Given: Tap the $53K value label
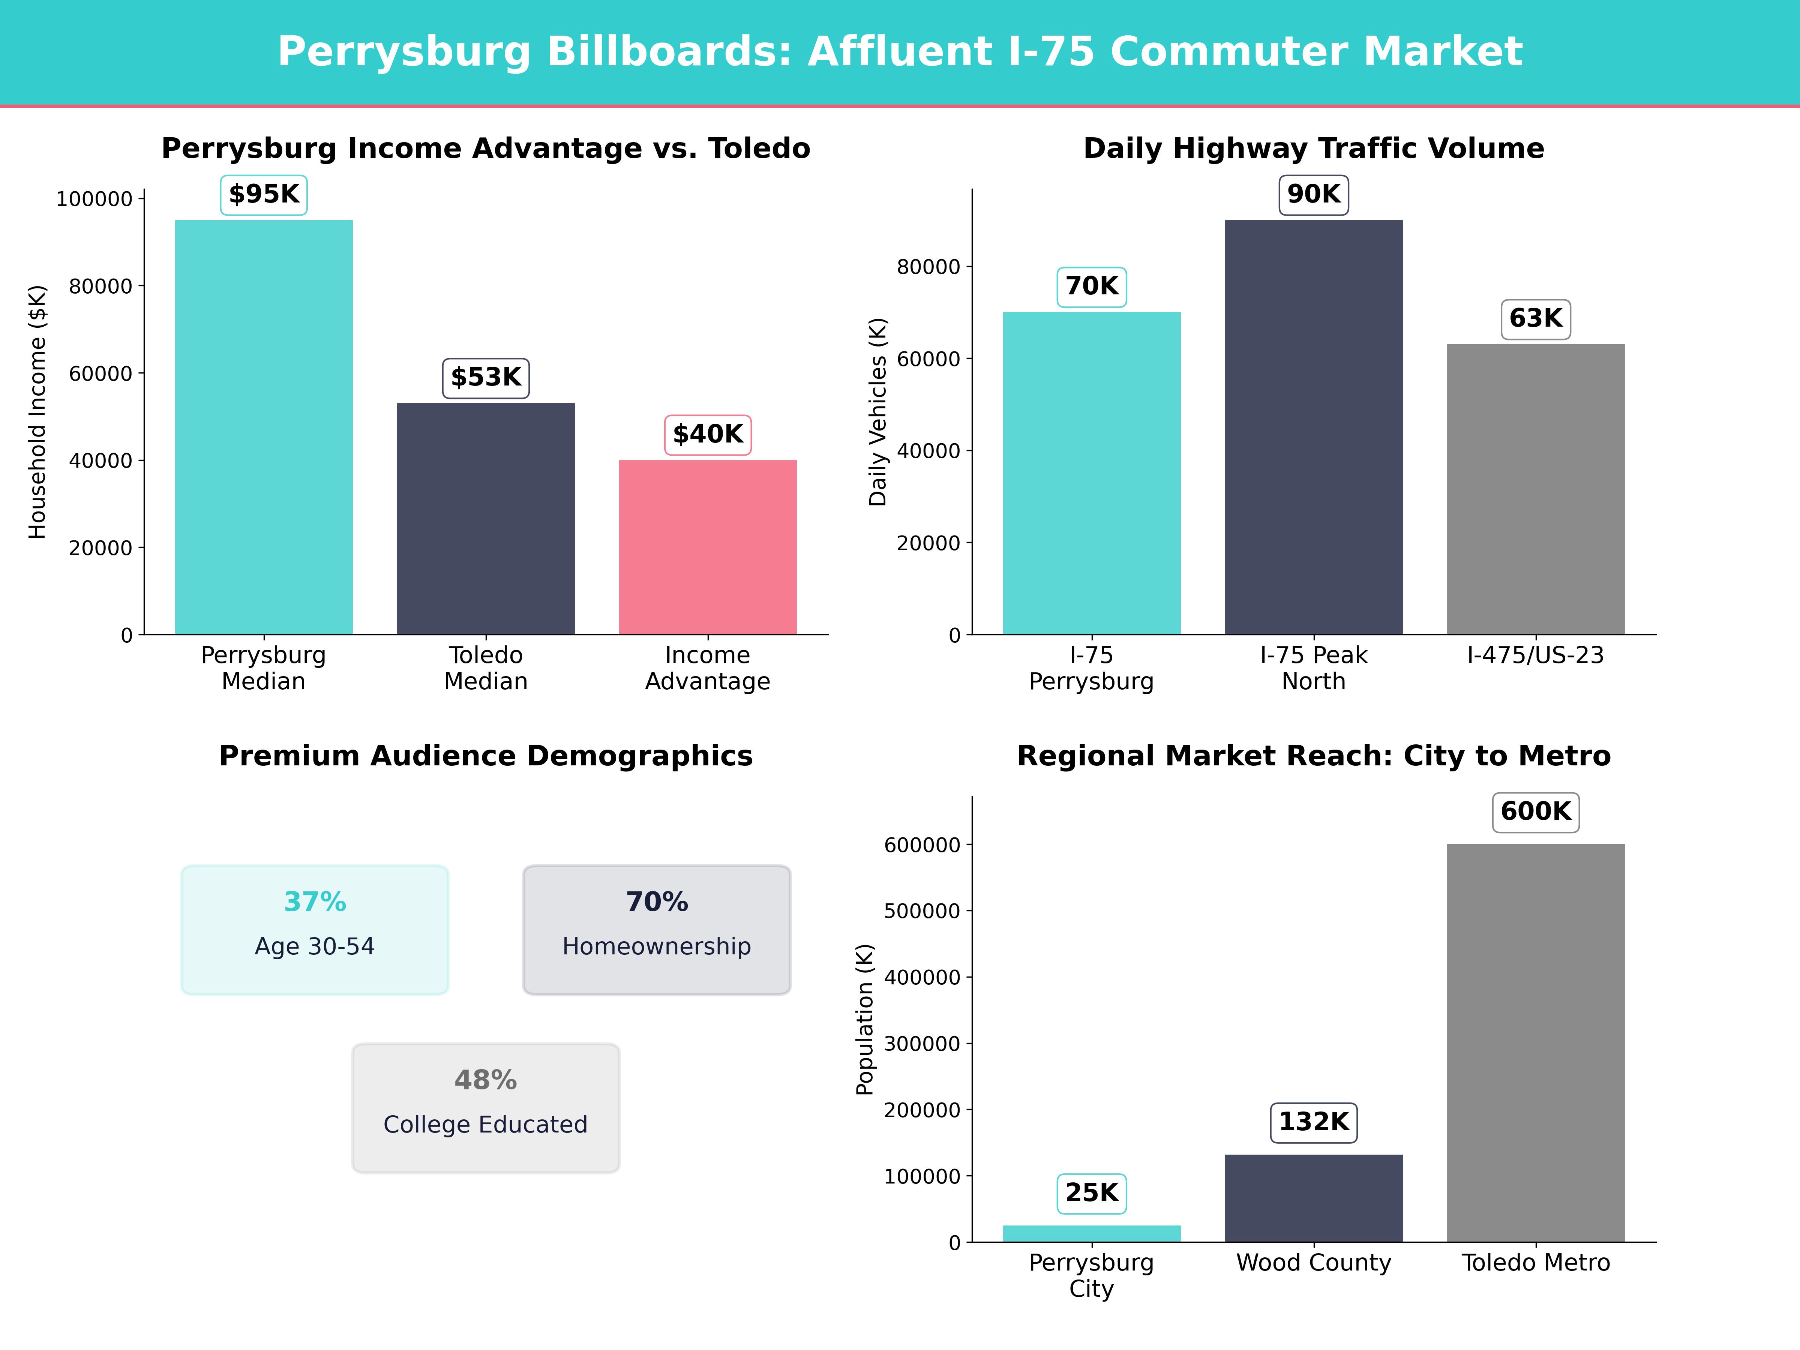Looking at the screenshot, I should (x=486, y=378).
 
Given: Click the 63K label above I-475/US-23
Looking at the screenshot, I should (x=1536, y=318).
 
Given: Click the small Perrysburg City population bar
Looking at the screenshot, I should (x=1091, y=1234).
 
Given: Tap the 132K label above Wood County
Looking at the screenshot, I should (x=1313, y=1122).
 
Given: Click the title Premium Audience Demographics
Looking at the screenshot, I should (x=486, y=756).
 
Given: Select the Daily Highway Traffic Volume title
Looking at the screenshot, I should (x=1313, y=149).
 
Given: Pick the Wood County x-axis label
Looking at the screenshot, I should (x=1313, y=1263).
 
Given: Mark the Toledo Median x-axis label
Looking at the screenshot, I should (x=486, y=668).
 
